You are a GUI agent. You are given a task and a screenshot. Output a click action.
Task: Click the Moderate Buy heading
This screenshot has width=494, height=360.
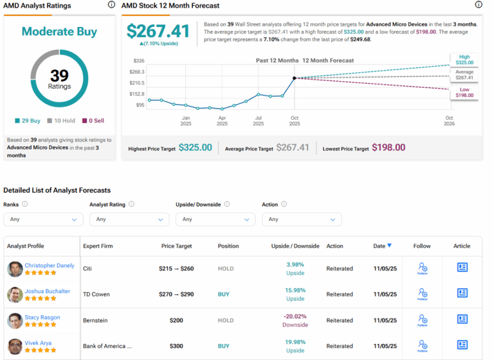59,32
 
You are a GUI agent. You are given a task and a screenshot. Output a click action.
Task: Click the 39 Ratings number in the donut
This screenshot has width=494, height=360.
59,76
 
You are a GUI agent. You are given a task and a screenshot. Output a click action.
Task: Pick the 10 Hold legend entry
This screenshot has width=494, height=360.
62,120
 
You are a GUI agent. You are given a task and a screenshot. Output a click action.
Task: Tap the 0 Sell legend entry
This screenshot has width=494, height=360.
94,120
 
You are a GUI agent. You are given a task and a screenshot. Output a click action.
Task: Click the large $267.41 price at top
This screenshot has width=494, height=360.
158,31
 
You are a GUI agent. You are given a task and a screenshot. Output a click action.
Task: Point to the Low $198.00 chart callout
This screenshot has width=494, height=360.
464,92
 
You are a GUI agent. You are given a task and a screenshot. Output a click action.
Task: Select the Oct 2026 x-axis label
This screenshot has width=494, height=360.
449,120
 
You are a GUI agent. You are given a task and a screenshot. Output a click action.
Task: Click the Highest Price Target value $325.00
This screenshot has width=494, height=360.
195,148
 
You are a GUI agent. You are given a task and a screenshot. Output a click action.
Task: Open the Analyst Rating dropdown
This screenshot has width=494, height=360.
129,219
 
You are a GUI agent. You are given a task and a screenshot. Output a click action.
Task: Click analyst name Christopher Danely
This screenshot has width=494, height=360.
50,265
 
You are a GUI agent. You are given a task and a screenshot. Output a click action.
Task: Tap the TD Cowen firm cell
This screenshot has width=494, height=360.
96,294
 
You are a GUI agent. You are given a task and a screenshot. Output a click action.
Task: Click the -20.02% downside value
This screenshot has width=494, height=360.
295,316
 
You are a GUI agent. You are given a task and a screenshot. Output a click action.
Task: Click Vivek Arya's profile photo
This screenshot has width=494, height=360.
15,346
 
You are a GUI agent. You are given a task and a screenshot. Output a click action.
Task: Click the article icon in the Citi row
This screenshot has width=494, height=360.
462,267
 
